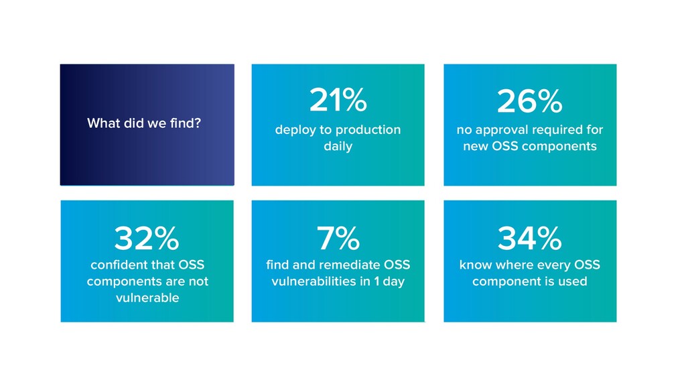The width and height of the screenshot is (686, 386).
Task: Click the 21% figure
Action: (x=338, y=102)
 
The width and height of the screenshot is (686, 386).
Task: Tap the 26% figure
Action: (x=529, y=102)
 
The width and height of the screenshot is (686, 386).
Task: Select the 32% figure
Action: (x=147, y=238)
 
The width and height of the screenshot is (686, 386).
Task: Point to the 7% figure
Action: (x=338, y=238)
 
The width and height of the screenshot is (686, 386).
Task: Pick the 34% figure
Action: (x=529, y=238)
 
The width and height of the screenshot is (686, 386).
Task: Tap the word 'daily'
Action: (x=338, y=146)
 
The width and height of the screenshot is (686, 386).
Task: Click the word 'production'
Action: (x=368, y=129)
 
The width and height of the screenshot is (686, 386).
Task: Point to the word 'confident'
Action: (x=117, y=265)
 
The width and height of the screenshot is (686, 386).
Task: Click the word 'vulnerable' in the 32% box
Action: (x=147, y=298)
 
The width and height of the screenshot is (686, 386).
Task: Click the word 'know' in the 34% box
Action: (x=475, y=265)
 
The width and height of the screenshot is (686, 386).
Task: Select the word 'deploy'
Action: (x=295, y=129)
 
